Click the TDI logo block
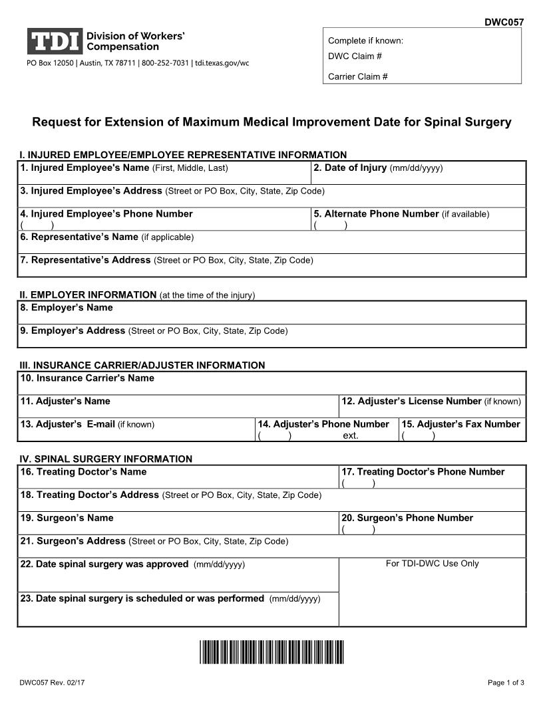(x=55, y=41)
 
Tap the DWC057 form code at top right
(x=504, y=22)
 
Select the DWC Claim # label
(x=355, y=56)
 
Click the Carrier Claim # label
(x=358, y=76)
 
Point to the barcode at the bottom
(x=271, y=652)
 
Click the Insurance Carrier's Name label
(x=87, y=378)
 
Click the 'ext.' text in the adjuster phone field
(x=351, y=435)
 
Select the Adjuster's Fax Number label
(x=461, y=424)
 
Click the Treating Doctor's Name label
(x=83, y=472)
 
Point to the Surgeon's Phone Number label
(x=407, y=518)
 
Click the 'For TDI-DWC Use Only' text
(x=433, y=564)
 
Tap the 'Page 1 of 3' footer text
(x=506, y=683)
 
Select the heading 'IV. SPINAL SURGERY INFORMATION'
(x=106, y=459)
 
